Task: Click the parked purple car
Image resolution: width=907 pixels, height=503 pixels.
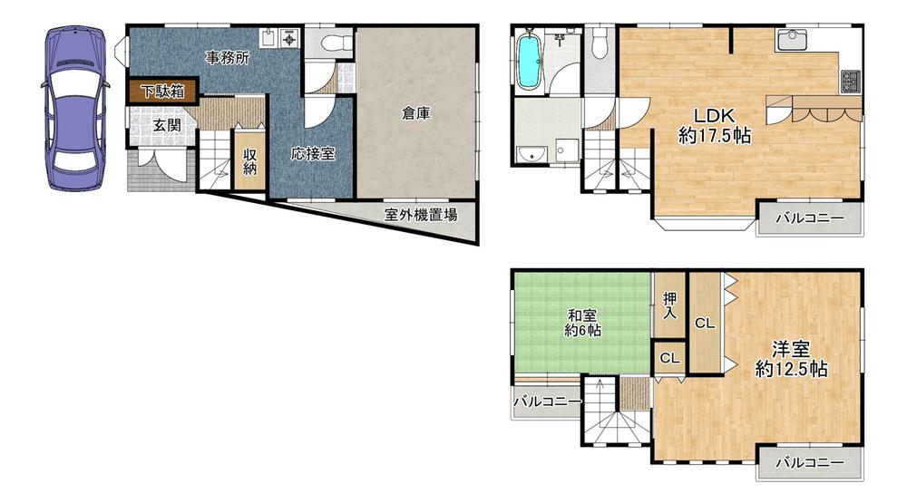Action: [76, 108]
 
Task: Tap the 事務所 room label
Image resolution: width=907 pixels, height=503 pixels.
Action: [228, 57]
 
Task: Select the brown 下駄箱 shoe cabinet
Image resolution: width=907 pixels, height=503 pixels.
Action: [163, 92]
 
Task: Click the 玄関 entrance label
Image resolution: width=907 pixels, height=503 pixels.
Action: [167, 125]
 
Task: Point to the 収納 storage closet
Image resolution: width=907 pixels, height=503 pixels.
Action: [250, 160]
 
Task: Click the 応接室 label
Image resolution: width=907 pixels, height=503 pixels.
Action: [313, 153]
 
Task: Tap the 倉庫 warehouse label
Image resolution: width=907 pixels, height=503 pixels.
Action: [415, 113]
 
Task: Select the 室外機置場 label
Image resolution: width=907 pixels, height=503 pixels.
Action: [421, 215]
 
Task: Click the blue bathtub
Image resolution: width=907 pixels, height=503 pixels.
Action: [528, 61]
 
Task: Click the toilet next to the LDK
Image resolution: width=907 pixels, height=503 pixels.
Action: [600, 42]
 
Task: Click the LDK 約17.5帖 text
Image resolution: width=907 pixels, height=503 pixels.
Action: [715, 125]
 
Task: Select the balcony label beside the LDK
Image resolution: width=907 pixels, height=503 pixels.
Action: [810, 218]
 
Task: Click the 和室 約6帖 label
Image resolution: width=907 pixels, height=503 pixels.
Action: [582, 323]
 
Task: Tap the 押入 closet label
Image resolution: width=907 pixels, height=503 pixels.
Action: [670, 305]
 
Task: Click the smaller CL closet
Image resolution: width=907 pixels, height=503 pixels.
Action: [670, 358]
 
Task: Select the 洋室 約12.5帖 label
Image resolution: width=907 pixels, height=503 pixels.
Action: [791, 359]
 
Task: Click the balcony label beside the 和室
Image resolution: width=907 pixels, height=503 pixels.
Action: [547, 401]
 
